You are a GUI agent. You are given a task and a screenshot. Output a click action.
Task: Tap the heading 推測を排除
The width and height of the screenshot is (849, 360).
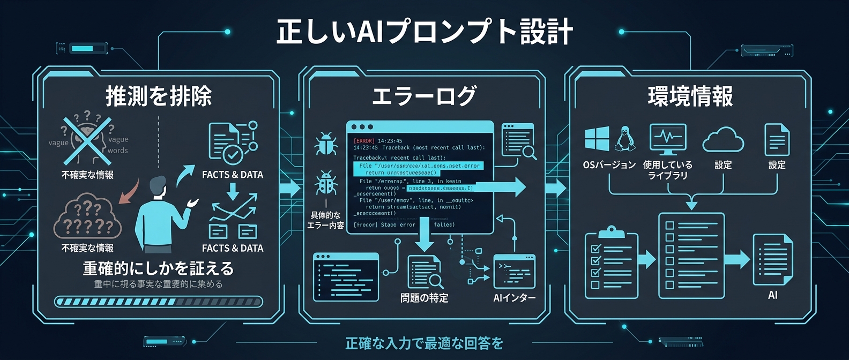pyautogui.click(x=159, y=96)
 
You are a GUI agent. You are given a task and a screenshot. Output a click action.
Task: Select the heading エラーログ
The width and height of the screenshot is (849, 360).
pyautogui.click(x=424, y=96)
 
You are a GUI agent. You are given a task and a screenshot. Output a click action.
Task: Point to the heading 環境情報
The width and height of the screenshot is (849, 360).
pyautogui.click(x=690, y=96)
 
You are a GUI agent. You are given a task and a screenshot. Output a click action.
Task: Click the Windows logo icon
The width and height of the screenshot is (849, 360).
pyautogui.click(x=597, y=139)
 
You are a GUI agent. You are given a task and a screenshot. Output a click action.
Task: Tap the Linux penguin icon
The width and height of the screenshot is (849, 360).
pyautogui.click(x=624, y=139)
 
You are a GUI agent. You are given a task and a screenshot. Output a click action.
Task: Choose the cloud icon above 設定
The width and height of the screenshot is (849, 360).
pyautogui.click(x=723, y=140)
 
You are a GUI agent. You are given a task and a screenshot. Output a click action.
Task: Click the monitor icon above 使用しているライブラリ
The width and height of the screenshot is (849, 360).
pyautogui.click(x=667, y=139)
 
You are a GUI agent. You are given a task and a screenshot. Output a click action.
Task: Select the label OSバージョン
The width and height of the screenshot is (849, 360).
pyautogui.click(x=609, y=165)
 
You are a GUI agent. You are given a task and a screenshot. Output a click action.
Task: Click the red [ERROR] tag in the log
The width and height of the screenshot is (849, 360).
pyautogui.click(x=364, y=141)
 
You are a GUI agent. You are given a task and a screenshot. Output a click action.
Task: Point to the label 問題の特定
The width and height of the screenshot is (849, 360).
pyautogui.click(x=424, y=298)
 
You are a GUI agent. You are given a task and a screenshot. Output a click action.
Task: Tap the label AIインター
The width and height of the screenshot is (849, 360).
pyautogui.click(x=514, y=298)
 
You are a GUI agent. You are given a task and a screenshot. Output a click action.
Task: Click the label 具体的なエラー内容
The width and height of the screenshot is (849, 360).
pyautogui.click(x=325, y=220)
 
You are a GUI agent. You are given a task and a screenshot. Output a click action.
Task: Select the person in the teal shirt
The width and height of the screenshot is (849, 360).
pyautogui.click(x=161, y=214)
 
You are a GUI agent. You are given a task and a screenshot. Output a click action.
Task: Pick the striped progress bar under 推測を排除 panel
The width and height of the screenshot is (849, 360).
pyautogui.click(x=159, y=302)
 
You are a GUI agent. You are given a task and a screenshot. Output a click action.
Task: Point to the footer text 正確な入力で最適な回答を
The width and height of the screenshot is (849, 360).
pyautogui.click(x=424, y=343)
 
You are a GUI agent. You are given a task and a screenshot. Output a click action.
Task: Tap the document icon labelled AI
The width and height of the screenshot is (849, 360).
pyautogui.click(x=772, y=260)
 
